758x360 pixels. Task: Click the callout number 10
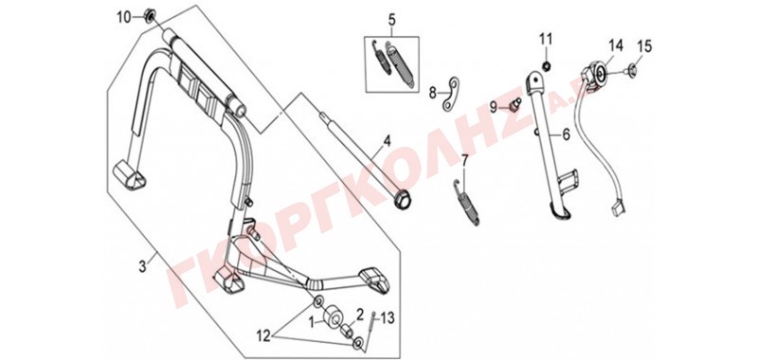click(x=124, y=18)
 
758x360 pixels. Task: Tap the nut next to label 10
click(x=149, y=17)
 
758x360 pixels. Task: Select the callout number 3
click(x=142, y=266)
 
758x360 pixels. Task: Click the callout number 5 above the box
click(x=391, y=20)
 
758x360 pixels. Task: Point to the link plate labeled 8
click(x=451, y=92)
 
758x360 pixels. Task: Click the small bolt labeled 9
click(x=514, y=104)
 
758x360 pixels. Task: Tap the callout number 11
click(x=546, y=38)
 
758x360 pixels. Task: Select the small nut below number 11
click(x=546, y=64)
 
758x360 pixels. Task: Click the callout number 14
click(x=615, y=45)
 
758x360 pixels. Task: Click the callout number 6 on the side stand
click(x=566, y=135)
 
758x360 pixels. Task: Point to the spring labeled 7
click(x=467, y=203)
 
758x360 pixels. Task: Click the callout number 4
click(x=387, y=141)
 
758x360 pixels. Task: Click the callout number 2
click(x=360, y=315)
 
